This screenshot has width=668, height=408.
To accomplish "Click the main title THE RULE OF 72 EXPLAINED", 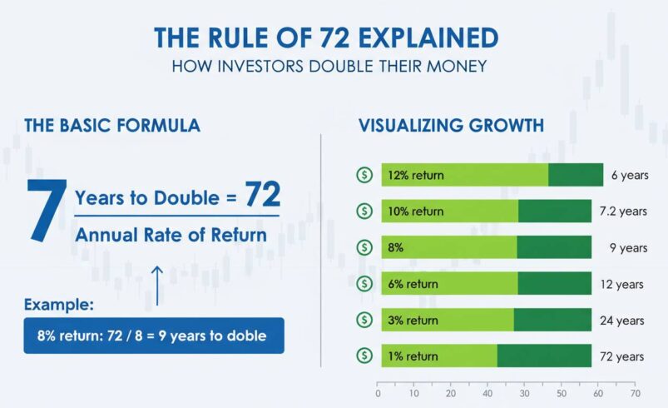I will click(326, 37).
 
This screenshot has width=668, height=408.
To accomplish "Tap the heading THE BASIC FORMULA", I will click(112, 126).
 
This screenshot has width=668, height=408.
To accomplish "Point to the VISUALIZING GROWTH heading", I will click(451, 126).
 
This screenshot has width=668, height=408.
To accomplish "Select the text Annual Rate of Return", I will click(171, 235).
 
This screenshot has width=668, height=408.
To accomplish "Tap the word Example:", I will click(58, 305).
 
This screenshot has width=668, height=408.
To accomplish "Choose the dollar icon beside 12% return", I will click(364, 175).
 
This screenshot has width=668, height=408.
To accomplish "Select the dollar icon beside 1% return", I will click(364, 356).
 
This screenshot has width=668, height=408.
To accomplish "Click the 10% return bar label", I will click(416, 211).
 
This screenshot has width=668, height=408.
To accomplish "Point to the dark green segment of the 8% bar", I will click(554, 247).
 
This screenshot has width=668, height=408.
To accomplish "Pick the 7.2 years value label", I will click(623, 211).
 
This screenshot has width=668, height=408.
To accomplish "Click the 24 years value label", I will click(622, 321).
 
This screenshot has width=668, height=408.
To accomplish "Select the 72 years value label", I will click(622, 356).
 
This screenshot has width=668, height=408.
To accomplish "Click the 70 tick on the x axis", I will click(635, 394).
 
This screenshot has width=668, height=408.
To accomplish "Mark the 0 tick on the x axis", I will click(378, 394).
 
